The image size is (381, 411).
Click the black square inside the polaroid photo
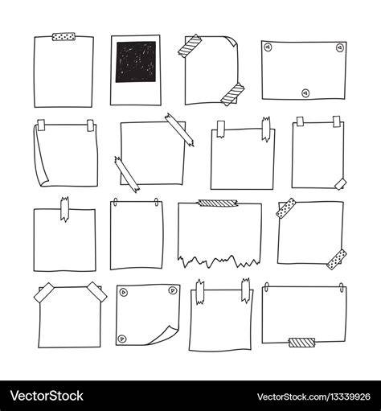click(x=136, y=62)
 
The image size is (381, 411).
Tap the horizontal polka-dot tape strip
click(x=64, y=36)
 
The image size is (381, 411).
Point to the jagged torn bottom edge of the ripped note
click(x=219, y=261)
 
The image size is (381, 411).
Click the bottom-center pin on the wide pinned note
click(x=305, y=93)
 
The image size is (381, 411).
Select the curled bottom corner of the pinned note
click(x=163, y=335)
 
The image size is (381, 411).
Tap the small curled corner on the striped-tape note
click(x=232, y=40)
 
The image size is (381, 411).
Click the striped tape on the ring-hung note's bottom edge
click(x=301, y=343)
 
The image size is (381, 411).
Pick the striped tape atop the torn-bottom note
click(x=218, y=203)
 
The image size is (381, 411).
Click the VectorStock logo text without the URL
click(x=47, y=396)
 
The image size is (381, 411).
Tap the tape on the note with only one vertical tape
click(x=64, y=209)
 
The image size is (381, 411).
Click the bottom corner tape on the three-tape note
click(x=340, y=183)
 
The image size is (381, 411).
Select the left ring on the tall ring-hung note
click(x=116, y=202)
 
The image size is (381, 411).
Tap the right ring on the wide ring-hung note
click(x=342, y=287)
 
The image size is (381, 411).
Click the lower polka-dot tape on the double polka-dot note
click(x=337, y=259)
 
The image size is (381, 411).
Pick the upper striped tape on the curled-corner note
click(x=190, y=46)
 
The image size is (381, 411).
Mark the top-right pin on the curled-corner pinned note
click(x=172, y=290)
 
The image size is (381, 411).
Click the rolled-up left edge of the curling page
click(x=40, y=155)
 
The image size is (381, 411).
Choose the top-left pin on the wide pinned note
click(x=268, y=47)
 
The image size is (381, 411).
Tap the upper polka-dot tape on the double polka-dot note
click(x=286, y=208)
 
